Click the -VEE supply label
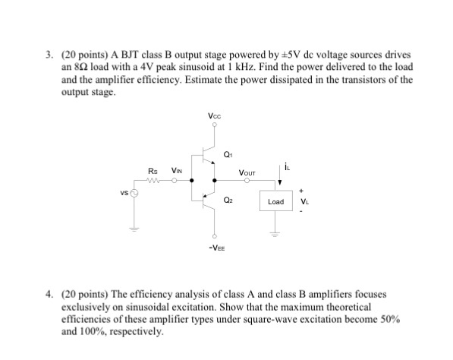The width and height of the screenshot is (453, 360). pos(215,246)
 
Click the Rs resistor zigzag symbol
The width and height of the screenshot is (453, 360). pos(154,181)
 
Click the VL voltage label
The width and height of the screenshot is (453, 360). pos(304,202)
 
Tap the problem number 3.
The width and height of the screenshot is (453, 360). pos(48,56)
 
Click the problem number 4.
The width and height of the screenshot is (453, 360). pos(48,292)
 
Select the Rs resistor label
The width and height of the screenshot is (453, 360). pos(153,171)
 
